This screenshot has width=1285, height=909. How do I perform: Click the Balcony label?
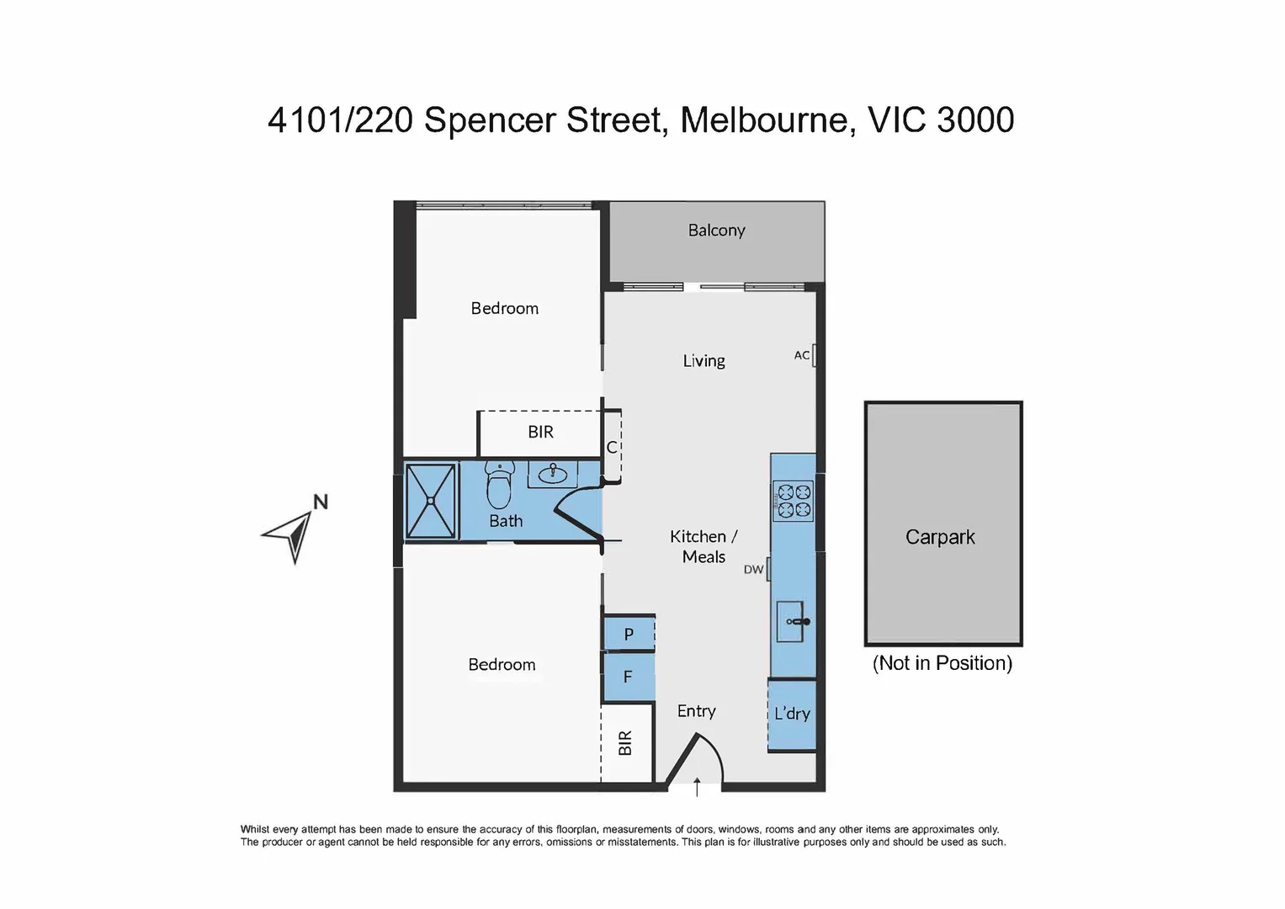coord(716,231)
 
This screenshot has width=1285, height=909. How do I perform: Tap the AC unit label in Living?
coord(801,355)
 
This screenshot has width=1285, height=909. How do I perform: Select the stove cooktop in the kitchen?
coord(793,500)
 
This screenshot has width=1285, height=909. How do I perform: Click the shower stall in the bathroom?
coord(431,501)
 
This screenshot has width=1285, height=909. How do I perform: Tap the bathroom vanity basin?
coord(552,473)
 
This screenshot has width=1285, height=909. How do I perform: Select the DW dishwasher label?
coord(753,570)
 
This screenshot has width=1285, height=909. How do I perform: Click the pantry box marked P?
coord(629,635)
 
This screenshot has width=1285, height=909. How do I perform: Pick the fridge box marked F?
coord(628,677)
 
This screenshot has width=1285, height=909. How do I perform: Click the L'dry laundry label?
coord(792,714)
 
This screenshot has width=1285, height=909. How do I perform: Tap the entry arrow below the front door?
coord(697,787)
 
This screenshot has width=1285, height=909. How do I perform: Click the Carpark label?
coord(940,537)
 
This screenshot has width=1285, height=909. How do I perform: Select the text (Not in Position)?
coord(942,663)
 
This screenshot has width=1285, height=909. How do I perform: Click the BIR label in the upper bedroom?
coord(540,432)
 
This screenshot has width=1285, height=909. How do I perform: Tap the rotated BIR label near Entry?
coord(625,743)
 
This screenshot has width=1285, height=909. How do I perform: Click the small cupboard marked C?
coord(612,448)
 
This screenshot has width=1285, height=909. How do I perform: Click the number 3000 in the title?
coord(975,120)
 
